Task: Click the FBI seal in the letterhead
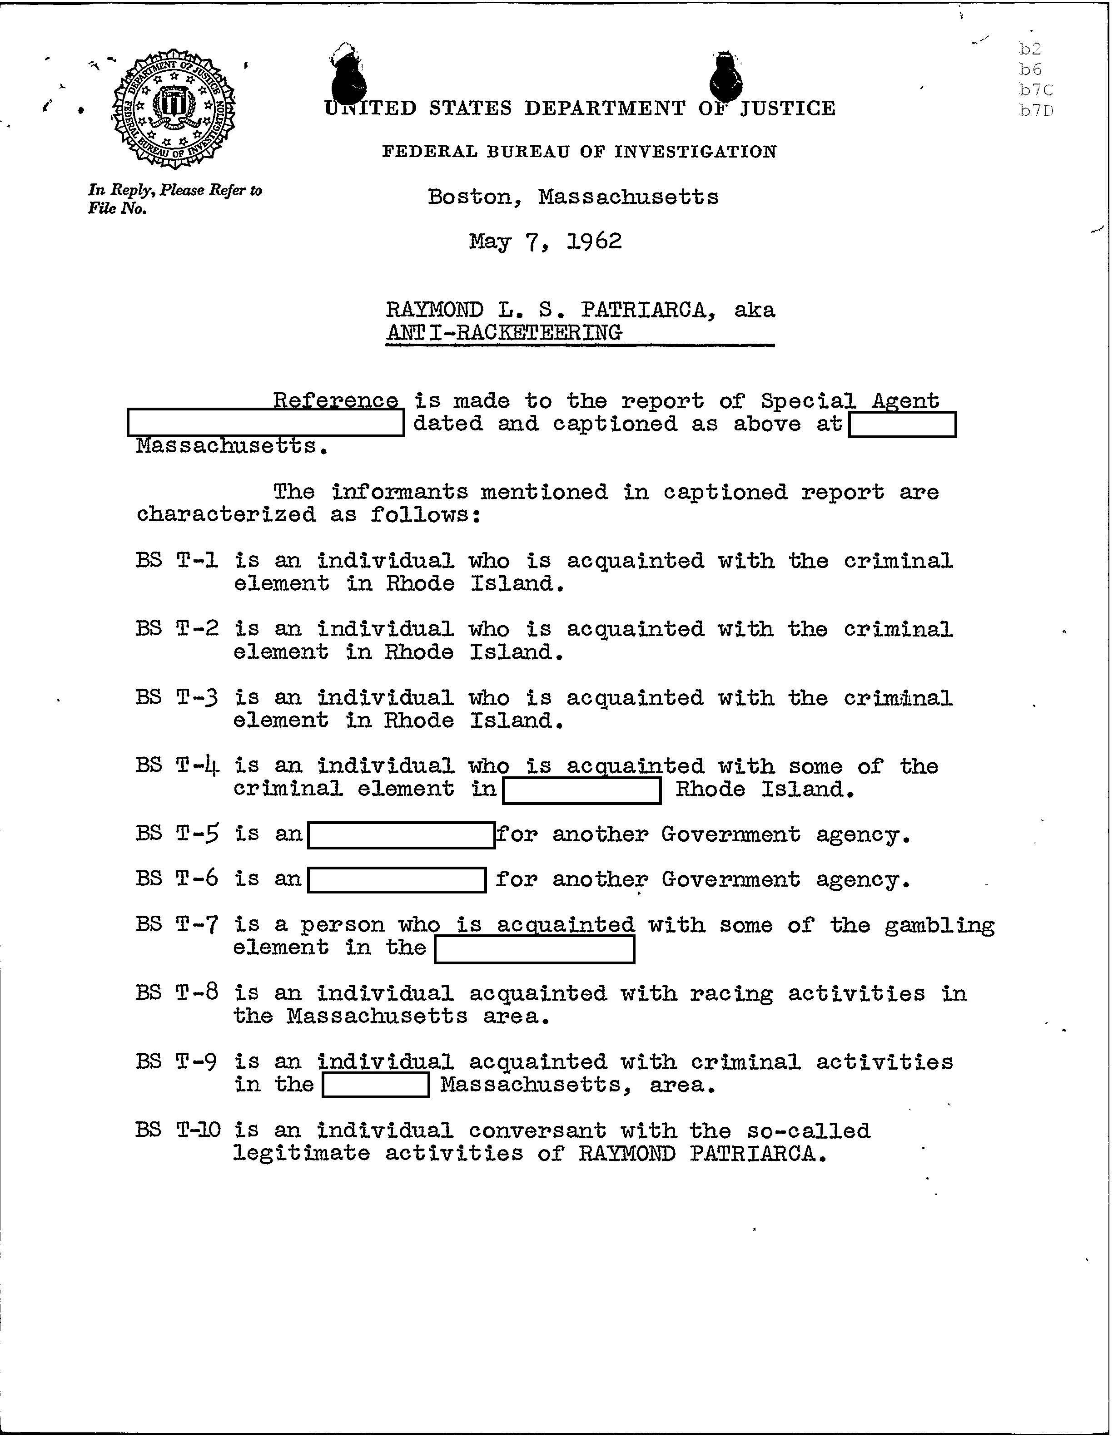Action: coord(175,109)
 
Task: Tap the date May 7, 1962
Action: coord(545,242)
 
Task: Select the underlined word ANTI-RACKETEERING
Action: coord(504,332)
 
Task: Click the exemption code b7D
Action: coord(1036,110)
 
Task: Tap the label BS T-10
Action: coord(178,1130)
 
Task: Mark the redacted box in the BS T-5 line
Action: coord(401,835)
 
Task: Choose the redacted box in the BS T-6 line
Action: coord(397,880)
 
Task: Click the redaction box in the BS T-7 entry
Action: coord(534,949)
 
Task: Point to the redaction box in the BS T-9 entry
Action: coord(376,1084)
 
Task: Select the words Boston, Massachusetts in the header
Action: coord(573,197)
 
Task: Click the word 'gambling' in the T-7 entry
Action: coord(939,926)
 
